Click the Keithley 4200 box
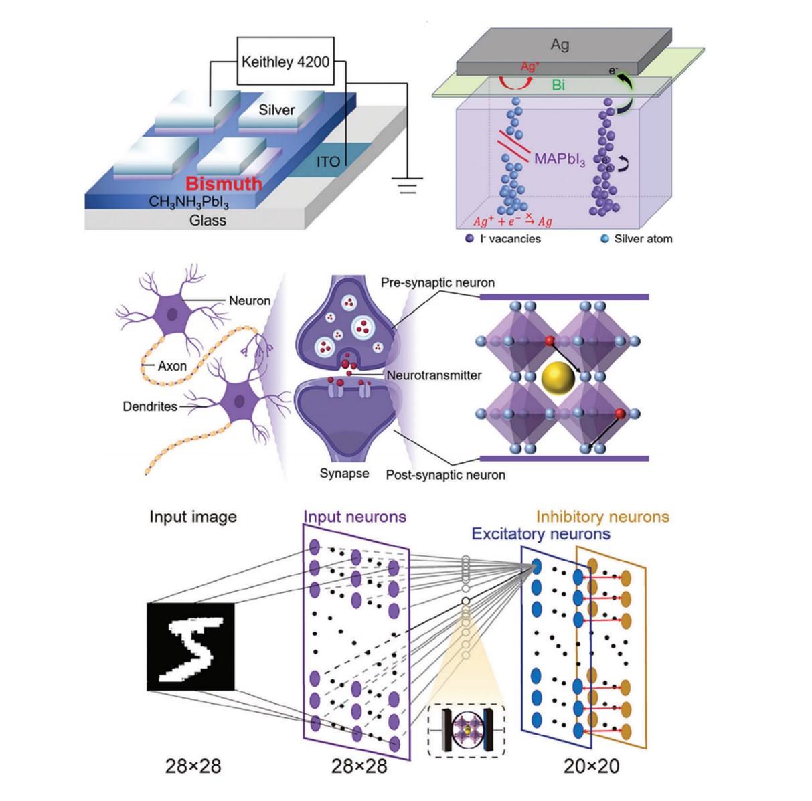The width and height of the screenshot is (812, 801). tap(285, 62)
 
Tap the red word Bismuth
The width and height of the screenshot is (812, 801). tap(224, 183)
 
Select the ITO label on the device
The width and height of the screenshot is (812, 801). tap(328, 161)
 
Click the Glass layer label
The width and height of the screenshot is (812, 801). tap(208, 220)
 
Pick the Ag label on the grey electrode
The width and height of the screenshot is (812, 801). tap(560, 45)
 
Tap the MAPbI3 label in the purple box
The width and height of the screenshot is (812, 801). tap(560, 160)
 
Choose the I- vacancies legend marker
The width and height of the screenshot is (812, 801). tap(470, 238)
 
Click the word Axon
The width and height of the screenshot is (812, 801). tap(172, 366)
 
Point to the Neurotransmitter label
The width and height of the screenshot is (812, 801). tap(434, 375)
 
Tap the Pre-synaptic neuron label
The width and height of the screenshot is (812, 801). tap(438, 283)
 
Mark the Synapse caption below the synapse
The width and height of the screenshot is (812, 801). tap(344, 474)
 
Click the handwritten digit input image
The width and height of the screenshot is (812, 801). tap(191, 646)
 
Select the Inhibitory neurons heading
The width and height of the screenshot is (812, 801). tap(602, 517)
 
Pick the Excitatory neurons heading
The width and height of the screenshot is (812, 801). tap(541, 534)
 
